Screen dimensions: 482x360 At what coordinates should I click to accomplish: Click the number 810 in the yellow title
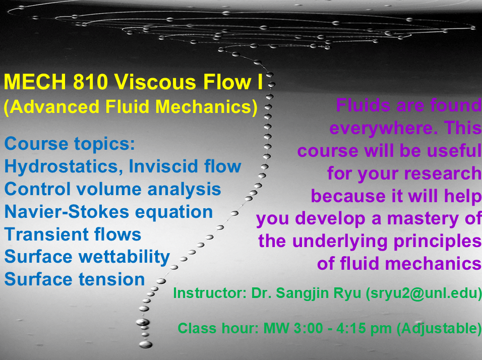click(x=90, y=82)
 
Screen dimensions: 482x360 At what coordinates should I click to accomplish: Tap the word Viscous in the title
click(x=155, y=82)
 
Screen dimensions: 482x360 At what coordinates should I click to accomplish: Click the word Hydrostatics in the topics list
click(x=62, y=167)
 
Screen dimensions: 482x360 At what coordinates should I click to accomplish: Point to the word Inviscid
click(x=160, y=166)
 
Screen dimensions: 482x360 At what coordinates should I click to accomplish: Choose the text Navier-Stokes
click(x=67, y=212)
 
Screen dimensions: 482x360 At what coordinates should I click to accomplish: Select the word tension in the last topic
click(x=111, y=279)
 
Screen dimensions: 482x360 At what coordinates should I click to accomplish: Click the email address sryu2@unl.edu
click(x=424, y=293)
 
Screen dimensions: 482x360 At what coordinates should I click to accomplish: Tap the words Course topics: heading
click(x=70, y=144)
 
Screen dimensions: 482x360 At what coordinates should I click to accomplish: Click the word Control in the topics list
click(x=37, y=189)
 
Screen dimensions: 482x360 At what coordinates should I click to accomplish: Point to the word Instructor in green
click(x=210, y=293)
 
